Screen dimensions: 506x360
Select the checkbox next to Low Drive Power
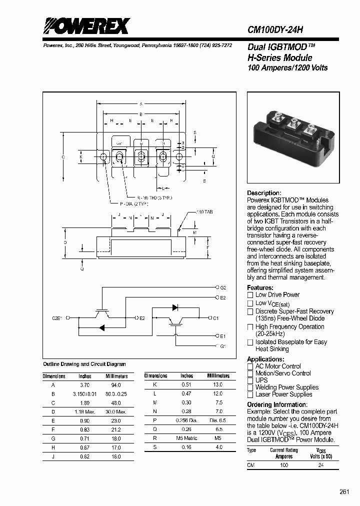pos(250,295)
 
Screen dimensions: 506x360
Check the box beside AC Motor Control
pos(250,366)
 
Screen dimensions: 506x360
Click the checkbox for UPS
pos(250,380)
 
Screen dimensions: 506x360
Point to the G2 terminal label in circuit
pos(223,288)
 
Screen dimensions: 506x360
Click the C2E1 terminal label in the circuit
pos(58,317)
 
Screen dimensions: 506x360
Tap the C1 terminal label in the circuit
pos(215,318)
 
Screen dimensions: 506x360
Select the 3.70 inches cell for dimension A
pos(84,385)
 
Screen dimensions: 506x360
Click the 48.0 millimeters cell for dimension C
pos(116,403)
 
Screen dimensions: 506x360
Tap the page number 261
pos(344,492)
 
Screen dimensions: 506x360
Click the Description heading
pos(264,193)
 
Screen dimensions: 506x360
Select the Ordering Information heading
pos(273,404)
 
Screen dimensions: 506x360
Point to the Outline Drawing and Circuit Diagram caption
pos(84,364)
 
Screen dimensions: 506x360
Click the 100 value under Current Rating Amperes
pos(284,465)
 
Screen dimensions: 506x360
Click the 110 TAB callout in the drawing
pos(204,212)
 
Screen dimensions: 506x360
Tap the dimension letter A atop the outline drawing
pos(141,104)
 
